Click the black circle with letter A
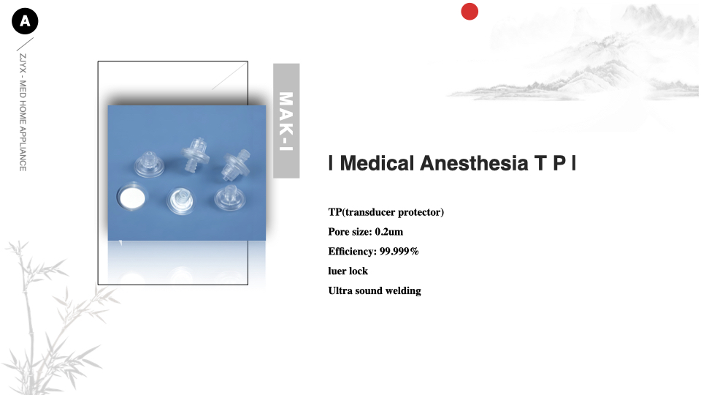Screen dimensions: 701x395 [x=25, y=21]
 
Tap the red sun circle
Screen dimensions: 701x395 [x=470, y=12]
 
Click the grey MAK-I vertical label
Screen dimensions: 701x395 [x=286, y=121]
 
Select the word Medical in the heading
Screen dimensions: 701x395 [x=377, y=163]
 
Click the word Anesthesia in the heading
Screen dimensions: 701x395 [x=475, y=163]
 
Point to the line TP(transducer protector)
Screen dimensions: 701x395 [x=386, y=212]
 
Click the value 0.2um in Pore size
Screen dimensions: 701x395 [x=389, y=232]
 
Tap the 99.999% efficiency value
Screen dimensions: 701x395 [x=399, y=252]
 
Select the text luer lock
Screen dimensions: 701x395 [x=348, y=271]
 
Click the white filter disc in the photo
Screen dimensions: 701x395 [x=132, y=197]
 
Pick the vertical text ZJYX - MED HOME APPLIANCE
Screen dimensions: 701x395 [x=23, y=113]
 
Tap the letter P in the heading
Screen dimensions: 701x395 [x=559, y=163]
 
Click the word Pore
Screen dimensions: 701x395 [x=338, y=232]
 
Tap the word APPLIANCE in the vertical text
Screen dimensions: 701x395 [x=23, y=149]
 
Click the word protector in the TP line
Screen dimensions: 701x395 [x=421, y=212]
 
